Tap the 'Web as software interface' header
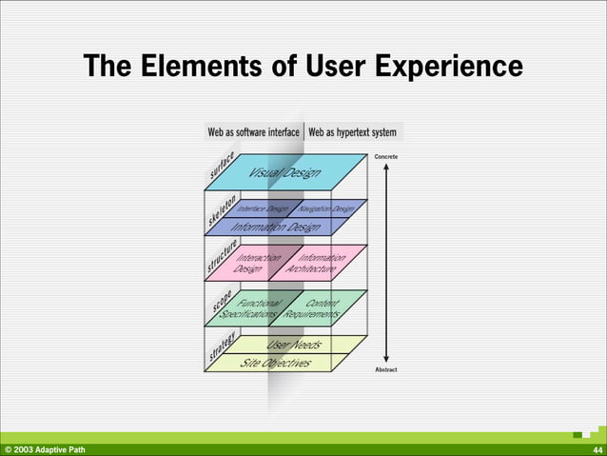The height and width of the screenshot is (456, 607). (254, 132)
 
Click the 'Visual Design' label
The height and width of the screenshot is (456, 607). (284, 172)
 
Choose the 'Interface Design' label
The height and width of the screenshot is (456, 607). (263, 208)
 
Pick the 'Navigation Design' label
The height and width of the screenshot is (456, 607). (324, 208)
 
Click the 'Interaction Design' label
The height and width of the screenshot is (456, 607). (255, 263)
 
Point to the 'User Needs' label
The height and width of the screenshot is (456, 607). (294, 344)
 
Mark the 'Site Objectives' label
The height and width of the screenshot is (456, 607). (274, 363)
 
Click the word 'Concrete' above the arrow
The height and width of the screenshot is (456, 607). (386, 155)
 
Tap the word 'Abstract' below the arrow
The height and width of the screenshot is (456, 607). (386, 368)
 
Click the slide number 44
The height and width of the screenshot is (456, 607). (597, 449)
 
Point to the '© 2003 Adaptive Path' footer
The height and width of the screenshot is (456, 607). (45, 449)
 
